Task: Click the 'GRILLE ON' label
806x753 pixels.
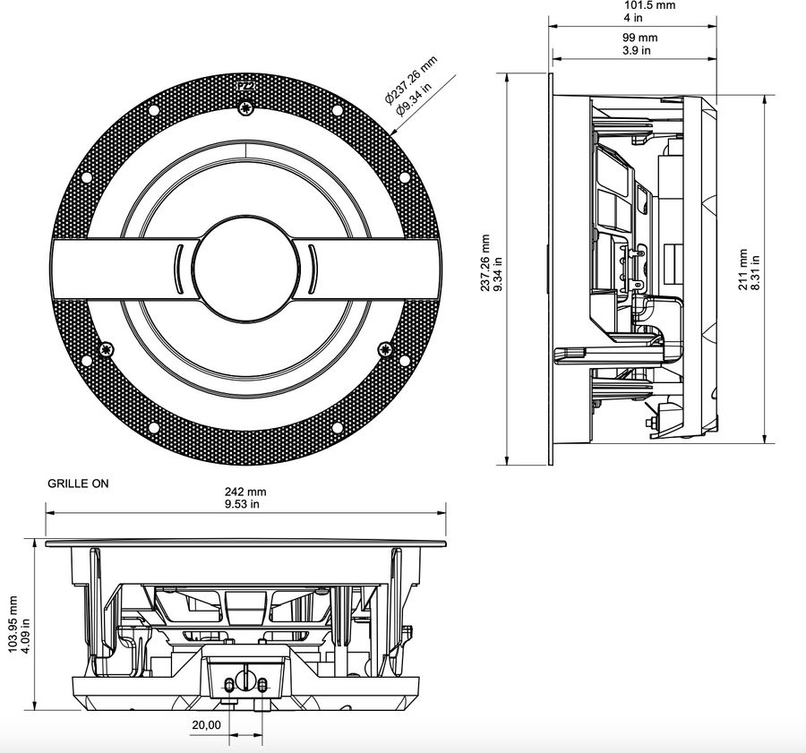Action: [78, 483]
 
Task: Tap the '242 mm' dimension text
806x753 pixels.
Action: [245, 492]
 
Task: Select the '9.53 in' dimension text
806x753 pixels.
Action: [242, 504]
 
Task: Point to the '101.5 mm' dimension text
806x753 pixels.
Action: [650, 5]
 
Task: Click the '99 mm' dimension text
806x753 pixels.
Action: [640, 38]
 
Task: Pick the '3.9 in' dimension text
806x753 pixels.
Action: [637, 50]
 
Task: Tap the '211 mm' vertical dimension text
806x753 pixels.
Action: [743, 270]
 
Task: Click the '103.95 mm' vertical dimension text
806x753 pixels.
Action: [13, 624]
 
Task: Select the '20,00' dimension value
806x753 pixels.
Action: [207, 725]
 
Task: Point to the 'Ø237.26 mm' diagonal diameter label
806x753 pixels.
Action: [411, 79]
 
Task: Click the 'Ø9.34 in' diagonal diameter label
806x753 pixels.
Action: [414, 97]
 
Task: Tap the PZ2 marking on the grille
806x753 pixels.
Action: [245, 86]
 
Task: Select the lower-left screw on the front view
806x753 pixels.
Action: [107, 349]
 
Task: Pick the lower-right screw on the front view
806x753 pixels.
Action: [385, 349]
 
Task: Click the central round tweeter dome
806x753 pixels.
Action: [245, 269]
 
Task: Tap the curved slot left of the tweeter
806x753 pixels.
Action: [178, 269]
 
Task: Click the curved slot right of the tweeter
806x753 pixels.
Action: [313, 269]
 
